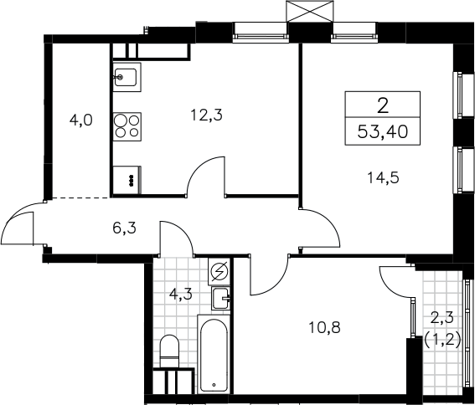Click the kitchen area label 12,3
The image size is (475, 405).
coord(206,115)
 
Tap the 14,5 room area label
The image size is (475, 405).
coord(383,177)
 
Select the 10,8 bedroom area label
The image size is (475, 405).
coord(324,327)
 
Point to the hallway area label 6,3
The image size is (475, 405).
coord(124,228)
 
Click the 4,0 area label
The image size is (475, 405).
coord(80,120)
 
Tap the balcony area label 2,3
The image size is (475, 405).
coord(443,318)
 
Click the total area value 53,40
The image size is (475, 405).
coord(382,132)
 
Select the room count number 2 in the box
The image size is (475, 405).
coord(383,106)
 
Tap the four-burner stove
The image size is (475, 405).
coord(127,126)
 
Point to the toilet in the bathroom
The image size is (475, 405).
coord(169,351)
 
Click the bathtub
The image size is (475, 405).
coord(214,354)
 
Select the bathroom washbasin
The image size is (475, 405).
coord(221,299)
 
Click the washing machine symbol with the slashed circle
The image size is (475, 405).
coord(219,271)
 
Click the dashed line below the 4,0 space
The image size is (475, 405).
coord(80,198)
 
